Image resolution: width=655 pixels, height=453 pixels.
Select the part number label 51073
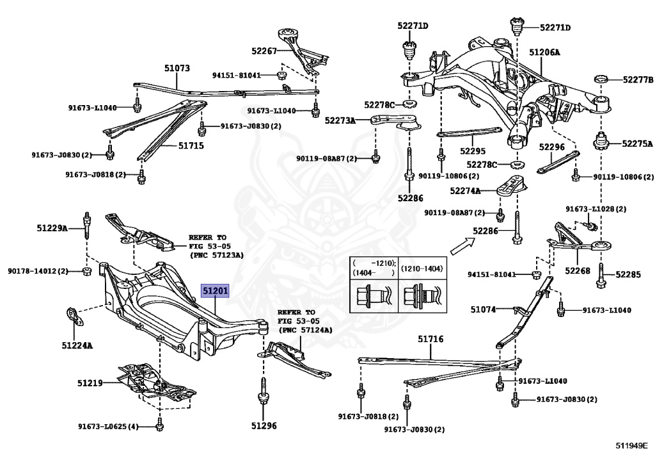177,67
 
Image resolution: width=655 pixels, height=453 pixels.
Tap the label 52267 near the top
264,51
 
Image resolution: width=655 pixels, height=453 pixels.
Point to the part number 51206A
544,51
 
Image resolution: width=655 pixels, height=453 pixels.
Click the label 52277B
638,80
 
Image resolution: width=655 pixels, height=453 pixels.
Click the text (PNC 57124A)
305,330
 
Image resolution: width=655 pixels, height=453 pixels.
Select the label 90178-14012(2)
38,271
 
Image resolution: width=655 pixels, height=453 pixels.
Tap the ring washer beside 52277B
601,79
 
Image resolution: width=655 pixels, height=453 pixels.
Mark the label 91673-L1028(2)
596,209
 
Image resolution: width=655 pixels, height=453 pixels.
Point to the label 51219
90,383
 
